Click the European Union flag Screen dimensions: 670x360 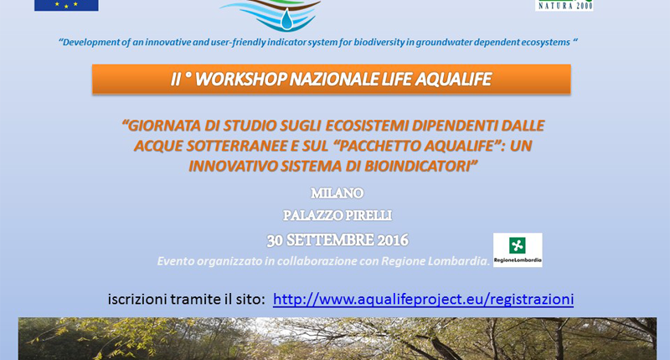tap(66, 5)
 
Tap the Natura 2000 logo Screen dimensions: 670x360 tap(564, 5)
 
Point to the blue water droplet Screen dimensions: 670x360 tap(287, 20)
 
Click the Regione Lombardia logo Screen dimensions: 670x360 tap(518, 249)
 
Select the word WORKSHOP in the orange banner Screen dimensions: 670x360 tap(240, 80)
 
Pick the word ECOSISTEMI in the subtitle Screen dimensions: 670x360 tap(367, 126)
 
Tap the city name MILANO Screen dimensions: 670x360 tap(338, 193)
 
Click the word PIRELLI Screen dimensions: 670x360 tap(368, 216)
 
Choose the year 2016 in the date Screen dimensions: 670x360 tap(393, 240)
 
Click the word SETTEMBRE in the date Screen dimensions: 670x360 tap(330, 240)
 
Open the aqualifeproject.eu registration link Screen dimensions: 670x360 tap(423, 300)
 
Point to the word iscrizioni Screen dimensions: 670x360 tap(137, 300)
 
